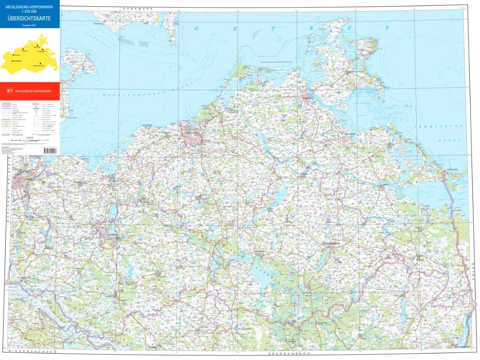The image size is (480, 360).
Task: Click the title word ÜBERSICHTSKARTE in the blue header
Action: [29, 18]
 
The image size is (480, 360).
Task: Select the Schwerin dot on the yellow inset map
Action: [13, 61]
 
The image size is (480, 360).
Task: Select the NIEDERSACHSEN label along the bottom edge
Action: [29, 351]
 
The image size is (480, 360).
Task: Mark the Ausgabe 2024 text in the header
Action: [29, 25]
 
